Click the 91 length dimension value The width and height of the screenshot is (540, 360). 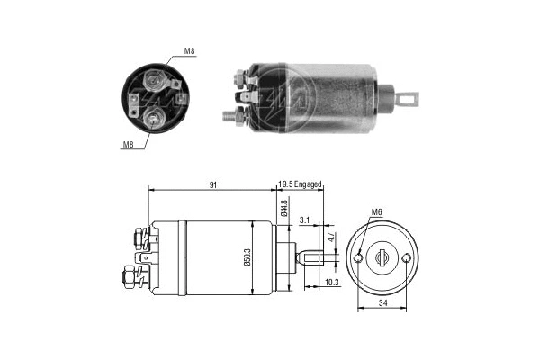coord(211,184)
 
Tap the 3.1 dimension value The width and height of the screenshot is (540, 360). coord(304,220)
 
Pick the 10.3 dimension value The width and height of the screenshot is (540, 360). coord(330,282)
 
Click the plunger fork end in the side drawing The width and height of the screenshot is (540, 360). coord(312,260)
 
